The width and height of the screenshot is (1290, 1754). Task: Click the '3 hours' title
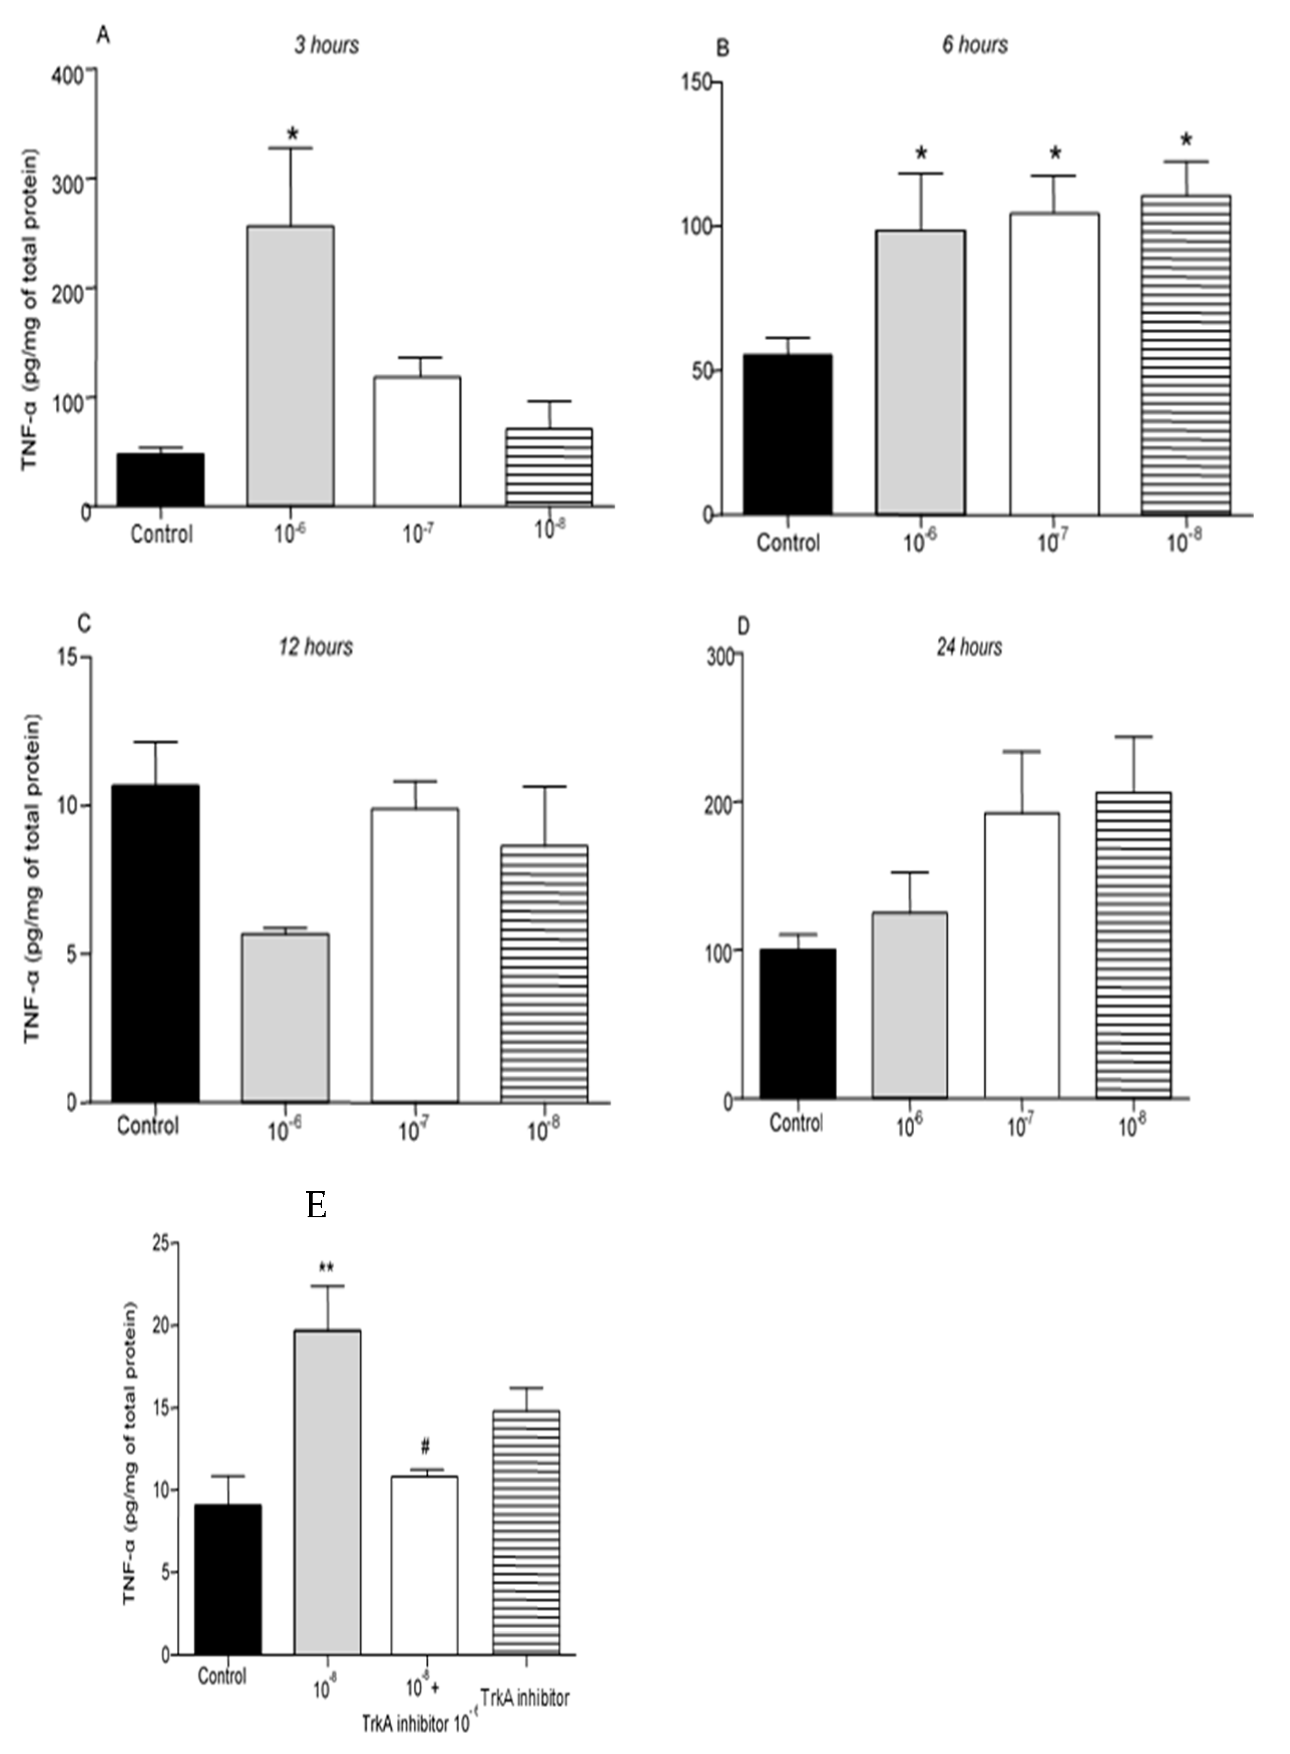(x=327, y=45)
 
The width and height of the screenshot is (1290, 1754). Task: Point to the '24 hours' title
(x=969, y=647)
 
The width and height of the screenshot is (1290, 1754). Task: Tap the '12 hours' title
(x=316, y=647)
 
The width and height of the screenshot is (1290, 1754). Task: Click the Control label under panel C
(x=148, y=1126)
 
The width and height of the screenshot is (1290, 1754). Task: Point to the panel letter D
(x=743, y=626)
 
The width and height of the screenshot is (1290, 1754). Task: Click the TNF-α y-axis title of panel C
(x=32, y=880)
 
